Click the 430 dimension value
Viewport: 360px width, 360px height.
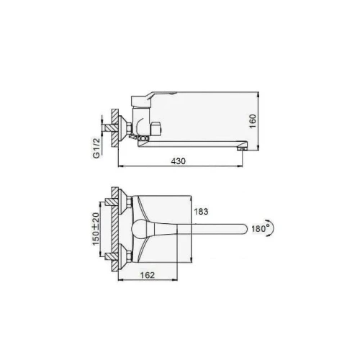[179, 161]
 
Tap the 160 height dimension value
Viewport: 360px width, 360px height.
[253, 121]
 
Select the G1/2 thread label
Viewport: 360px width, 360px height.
[96, 148]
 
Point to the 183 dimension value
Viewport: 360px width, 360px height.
[201, 212]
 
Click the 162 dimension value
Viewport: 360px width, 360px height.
[148, 275]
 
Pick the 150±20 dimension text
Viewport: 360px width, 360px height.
[96, 229]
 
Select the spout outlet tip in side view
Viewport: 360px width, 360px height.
[242, 149]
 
